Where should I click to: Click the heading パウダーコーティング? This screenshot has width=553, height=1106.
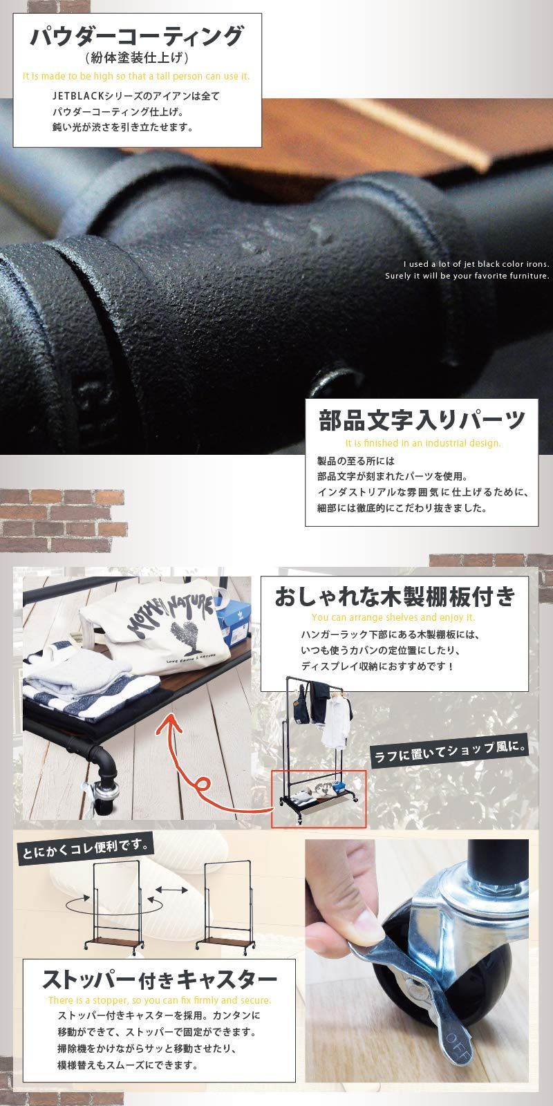click(136, 36)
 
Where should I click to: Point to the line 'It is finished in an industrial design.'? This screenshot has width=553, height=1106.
click(422, 443)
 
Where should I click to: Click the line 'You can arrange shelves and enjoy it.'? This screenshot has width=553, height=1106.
click(393, 617)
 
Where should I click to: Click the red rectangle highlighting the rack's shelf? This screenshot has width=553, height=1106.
click(318, 798)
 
